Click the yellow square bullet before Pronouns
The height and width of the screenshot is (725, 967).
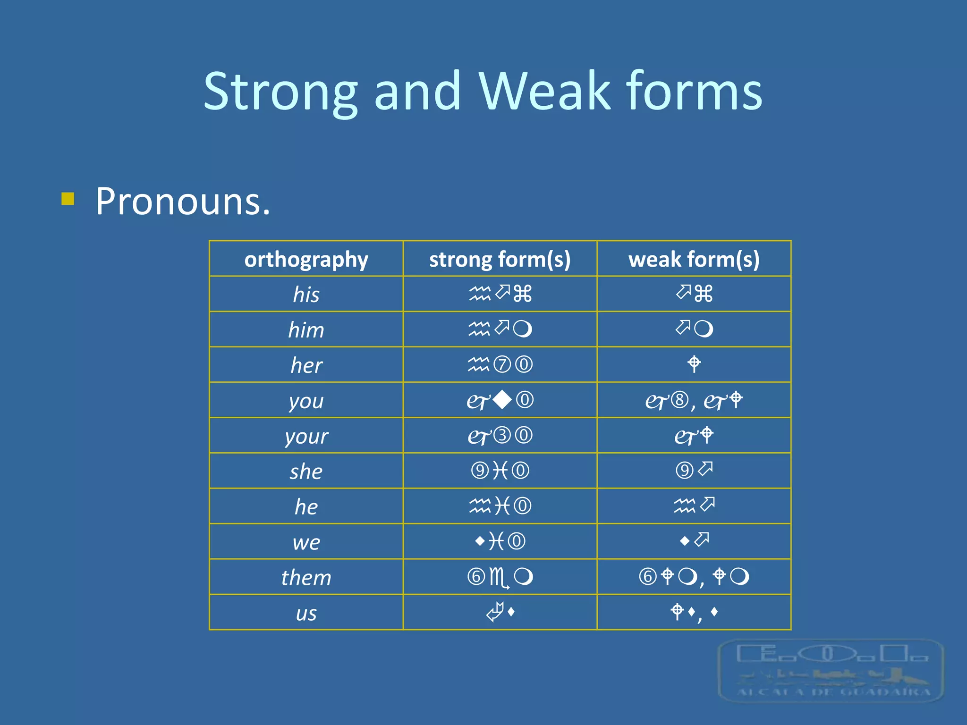68,199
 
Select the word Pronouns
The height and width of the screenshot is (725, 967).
183,202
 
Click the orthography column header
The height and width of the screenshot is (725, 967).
306,259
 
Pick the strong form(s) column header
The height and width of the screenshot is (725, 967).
500,259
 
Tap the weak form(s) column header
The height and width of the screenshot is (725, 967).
694,259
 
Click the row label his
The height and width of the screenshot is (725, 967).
306,295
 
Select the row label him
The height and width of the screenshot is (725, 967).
306,330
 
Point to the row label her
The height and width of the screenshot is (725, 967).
306,365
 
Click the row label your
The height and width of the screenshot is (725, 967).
306,436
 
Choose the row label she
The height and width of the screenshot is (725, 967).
306,472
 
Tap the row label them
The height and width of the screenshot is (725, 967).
306,578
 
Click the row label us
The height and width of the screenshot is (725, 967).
306,613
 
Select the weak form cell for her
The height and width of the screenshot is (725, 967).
694,364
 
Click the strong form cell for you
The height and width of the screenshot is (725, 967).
500,400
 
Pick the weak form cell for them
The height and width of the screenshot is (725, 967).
694,577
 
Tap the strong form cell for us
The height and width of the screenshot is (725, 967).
500,612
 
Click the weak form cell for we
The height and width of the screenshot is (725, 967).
694,541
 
